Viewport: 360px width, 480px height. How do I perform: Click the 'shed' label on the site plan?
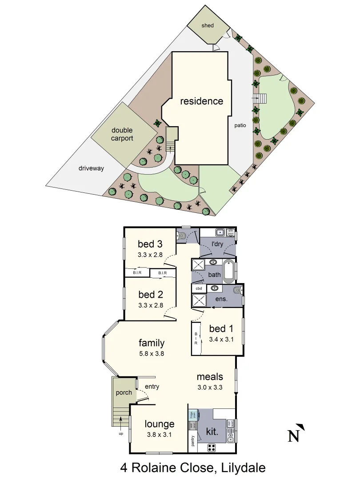[x=208, y=25]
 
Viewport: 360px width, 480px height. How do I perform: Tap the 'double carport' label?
[x=122, y=134]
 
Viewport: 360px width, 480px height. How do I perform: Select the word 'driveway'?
[x=91, y=168]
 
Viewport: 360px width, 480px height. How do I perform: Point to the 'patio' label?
[x=240, y=125]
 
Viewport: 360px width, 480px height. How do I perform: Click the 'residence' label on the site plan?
[x=201, y=101]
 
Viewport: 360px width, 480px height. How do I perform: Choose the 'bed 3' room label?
[x=150, y=244]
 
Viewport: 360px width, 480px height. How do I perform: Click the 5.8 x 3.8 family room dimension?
[x=152, y=354]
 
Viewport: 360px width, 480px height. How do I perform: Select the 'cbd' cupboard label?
[x=198, y=288]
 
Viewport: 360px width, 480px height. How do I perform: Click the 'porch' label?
[x=124, y=392]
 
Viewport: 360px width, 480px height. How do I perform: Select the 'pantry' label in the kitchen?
[x=193, y=441]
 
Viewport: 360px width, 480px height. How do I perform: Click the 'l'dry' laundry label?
[x=217, y=244]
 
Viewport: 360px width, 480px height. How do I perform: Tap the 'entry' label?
[x=152, y=387]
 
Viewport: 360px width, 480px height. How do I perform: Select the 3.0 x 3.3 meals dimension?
[x=210, y=387]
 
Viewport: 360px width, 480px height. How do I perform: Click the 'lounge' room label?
[x=160, y=424]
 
